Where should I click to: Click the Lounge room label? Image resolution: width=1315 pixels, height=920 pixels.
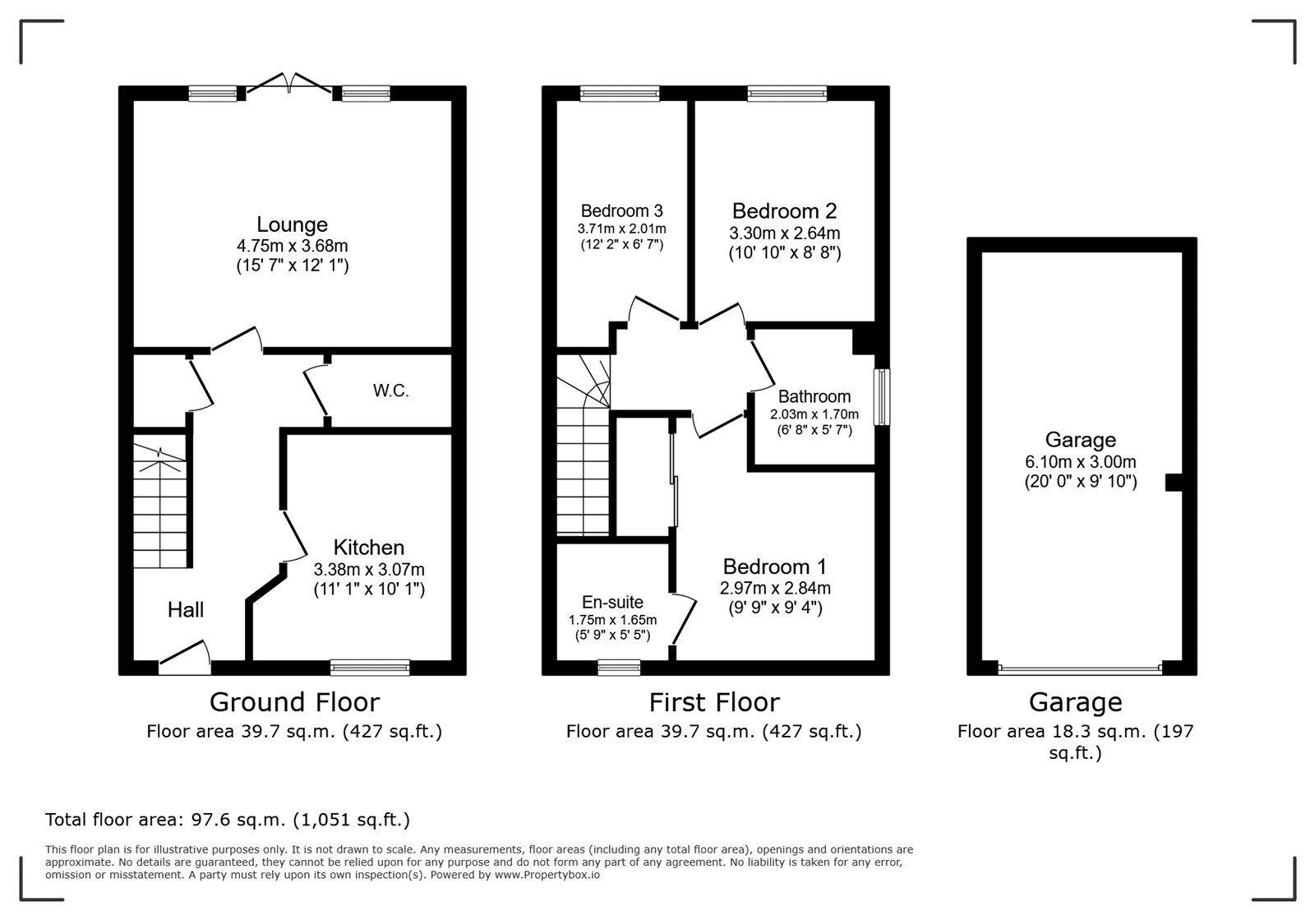point(292,224)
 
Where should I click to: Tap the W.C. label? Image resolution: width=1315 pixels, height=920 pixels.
point(391,391)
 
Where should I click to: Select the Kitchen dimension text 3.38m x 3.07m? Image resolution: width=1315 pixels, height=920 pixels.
point(369,569)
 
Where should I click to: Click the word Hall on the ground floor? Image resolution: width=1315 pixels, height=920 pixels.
point(186,609)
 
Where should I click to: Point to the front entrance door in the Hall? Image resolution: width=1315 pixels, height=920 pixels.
point(185,657)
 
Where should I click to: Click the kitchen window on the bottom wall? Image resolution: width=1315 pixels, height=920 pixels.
point(370,667)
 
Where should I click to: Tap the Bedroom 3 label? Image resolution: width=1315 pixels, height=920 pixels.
point(621,210)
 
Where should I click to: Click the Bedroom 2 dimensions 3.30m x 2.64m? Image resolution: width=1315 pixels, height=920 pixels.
point(784,233)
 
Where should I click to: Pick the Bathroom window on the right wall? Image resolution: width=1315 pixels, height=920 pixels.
point(882,397)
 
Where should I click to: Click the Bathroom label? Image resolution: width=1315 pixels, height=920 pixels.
point(814,396)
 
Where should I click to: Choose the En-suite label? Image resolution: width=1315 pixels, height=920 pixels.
point(612,602)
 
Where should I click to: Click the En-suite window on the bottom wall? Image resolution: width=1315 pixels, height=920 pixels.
point(619,667)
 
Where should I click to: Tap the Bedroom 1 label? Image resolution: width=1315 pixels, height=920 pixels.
point(774,566)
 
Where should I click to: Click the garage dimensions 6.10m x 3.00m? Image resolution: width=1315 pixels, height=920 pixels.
point(1080,462)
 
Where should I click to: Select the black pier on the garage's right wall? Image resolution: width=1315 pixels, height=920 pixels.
point(1174,483)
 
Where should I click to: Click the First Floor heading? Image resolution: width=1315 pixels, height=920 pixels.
point(713,702)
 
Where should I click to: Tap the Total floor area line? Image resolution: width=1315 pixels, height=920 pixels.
point(228,820)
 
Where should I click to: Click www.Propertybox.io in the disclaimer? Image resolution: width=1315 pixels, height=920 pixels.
point(547,876)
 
